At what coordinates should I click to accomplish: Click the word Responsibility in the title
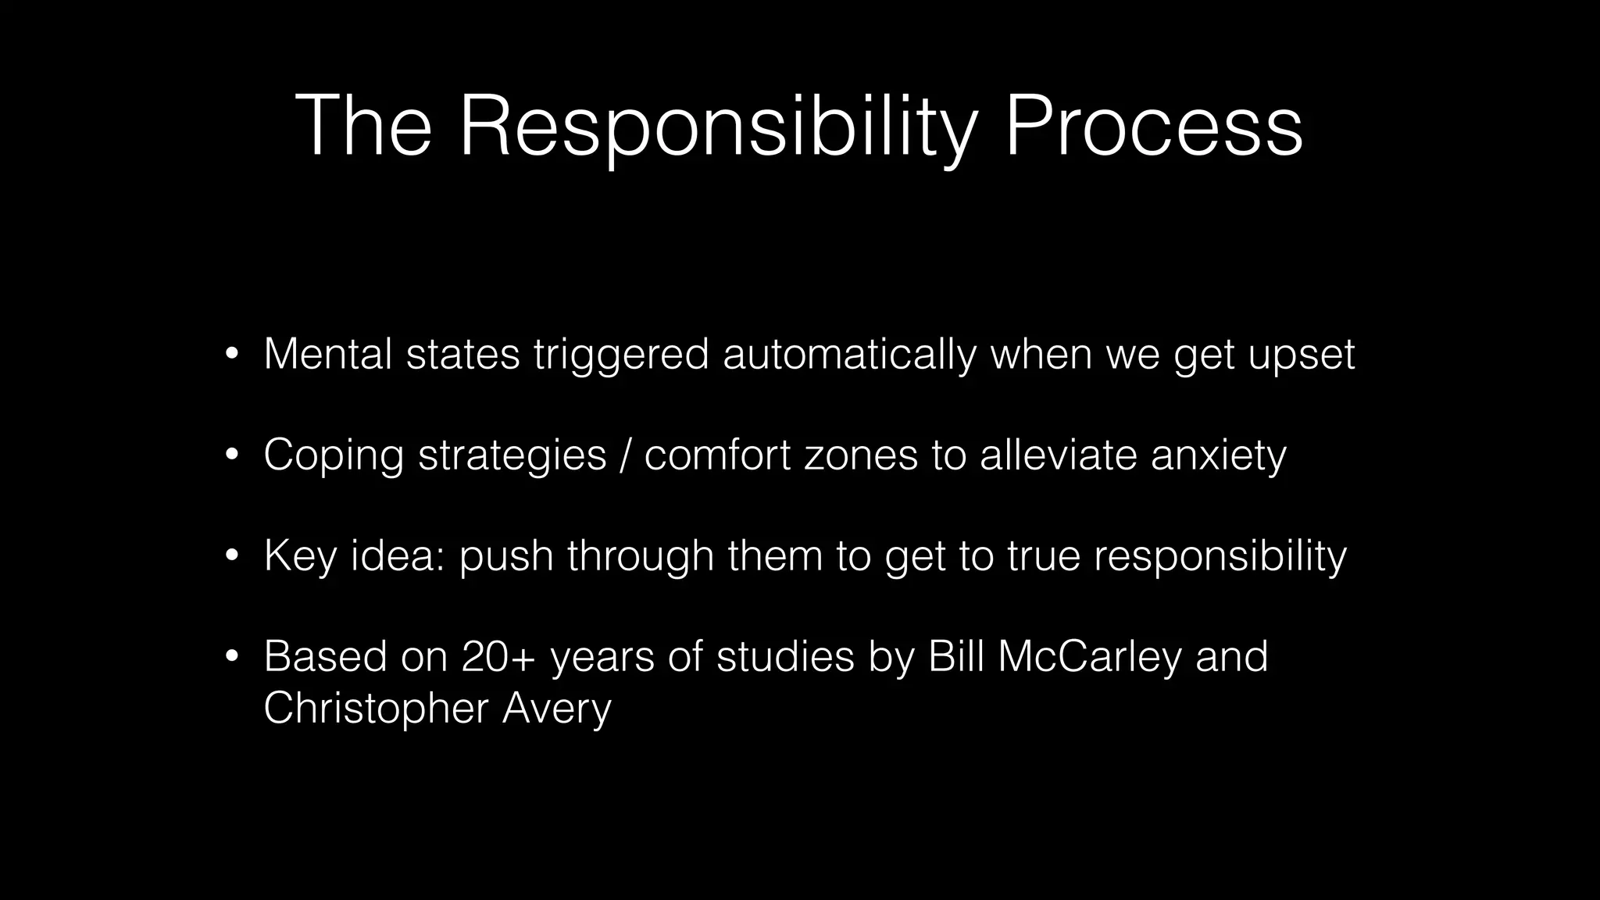pyautogui.click(x=717, y=127)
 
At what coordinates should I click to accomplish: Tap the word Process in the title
pyautogui.click(x=1153, y=127)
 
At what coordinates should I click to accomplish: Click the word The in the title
pyautogui.click(x=363, y=127)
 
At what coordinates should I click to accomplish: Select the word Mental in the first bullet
pyautogui.click(x=328, y=354)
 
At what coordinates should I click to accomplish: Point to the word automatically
pyautogui.click(x=849, y=354)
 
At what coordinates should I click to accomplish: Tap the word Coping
pyautogui.click(x=334, y=455)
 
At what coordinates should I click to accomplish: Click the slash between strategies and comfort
pyautogui.click(x=625, y=455)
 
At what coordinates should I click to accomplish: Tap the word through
pyautogui.click(x=641, y=556)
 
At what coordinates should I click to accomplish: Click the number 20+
pyautogui.click(x=498, y=656)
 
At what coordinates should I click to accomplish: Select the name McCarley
pyautogui.click(x=1090, y=656)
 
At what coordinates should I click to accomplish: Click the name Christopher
pyautogui.click(x=376, y=709)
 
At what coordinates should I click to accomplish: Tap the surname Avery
pyautogui.click(x=556, y=709)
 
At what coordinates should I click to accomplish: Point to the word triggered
pyautogui.click(x=621, y=355)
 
